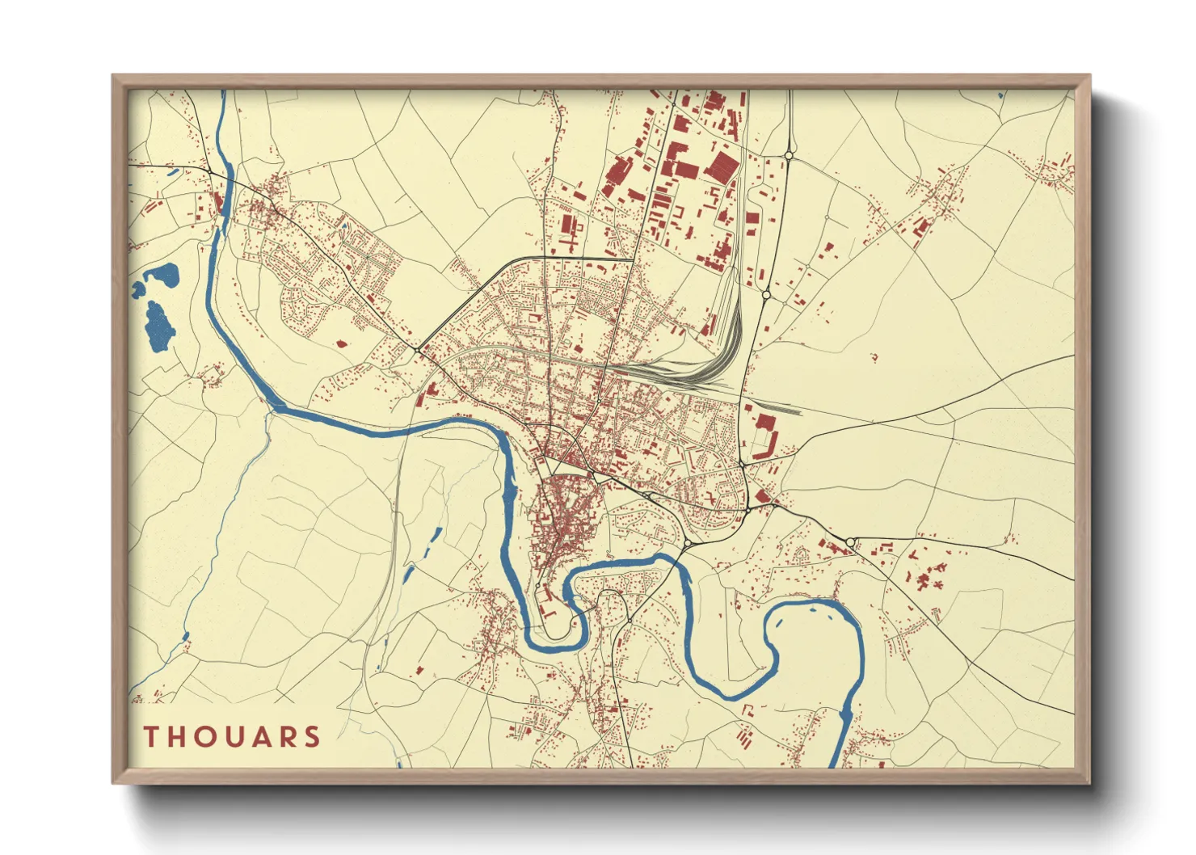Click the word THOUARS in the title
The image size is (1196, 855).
(x=233, y=736)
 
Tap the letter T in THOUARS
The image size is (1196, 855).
(x=151, y=736)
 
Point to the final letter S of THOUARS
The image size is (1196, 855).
(x=312, y=736)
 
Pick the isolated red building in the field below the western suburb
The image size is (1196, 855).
(x=341, y=343)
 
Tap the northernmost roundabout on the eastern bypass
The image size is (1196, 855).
(x=788, y=155)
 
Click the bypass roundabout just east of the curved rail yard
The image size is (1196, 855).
(x=765, y=296)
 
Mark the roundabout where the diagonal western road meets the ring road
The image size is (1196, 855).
(x=416, y=349)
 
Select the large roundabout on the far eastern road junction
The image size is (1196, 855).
(x=851, y=541)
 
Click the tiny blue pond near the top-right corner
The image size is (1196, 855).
(x=1000, y=95)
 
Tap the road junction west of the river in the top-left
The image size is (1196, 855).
(x=208, y=171)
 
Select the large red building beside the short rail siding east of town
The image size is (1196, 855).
(x=764, y=423)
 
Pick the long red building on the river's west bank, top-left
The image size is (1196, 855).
(x=220, y=202)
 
